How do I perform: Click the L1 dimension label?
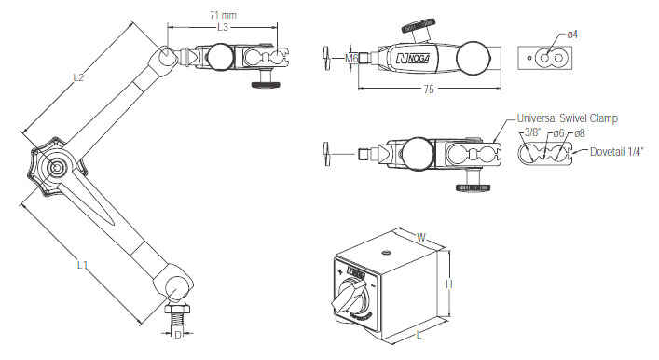[x=82, y=265]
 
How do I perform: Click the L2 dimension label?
[x=78, y=77]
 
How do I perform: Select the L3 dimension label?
[x=223, y=27]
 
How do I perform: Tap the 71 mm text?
[x=223, y=15]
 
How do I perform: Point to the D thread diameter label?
[x=178, y=335]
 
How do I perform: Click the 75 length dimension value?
[x=429, y=90]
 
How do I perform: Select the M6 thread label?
[x=351, y=59]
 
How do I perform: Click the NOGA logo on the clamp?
[x=413, y=58]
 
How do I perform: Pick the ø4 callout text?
[x=572, y=35]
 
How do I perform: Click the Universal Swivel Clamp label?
[x=568, y=118]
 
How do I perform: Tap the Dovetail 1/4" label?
[x=616, y=151]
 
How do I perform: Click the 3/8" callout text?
[x=531, y=132]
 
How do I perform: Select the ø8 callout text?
[x=580, y=133]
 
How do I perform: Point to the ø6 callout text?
[x=558, y=133]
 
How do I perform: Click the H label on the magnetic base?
[x=449, y=284]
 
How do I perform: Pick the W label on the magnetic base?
[x=421, y=237]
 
